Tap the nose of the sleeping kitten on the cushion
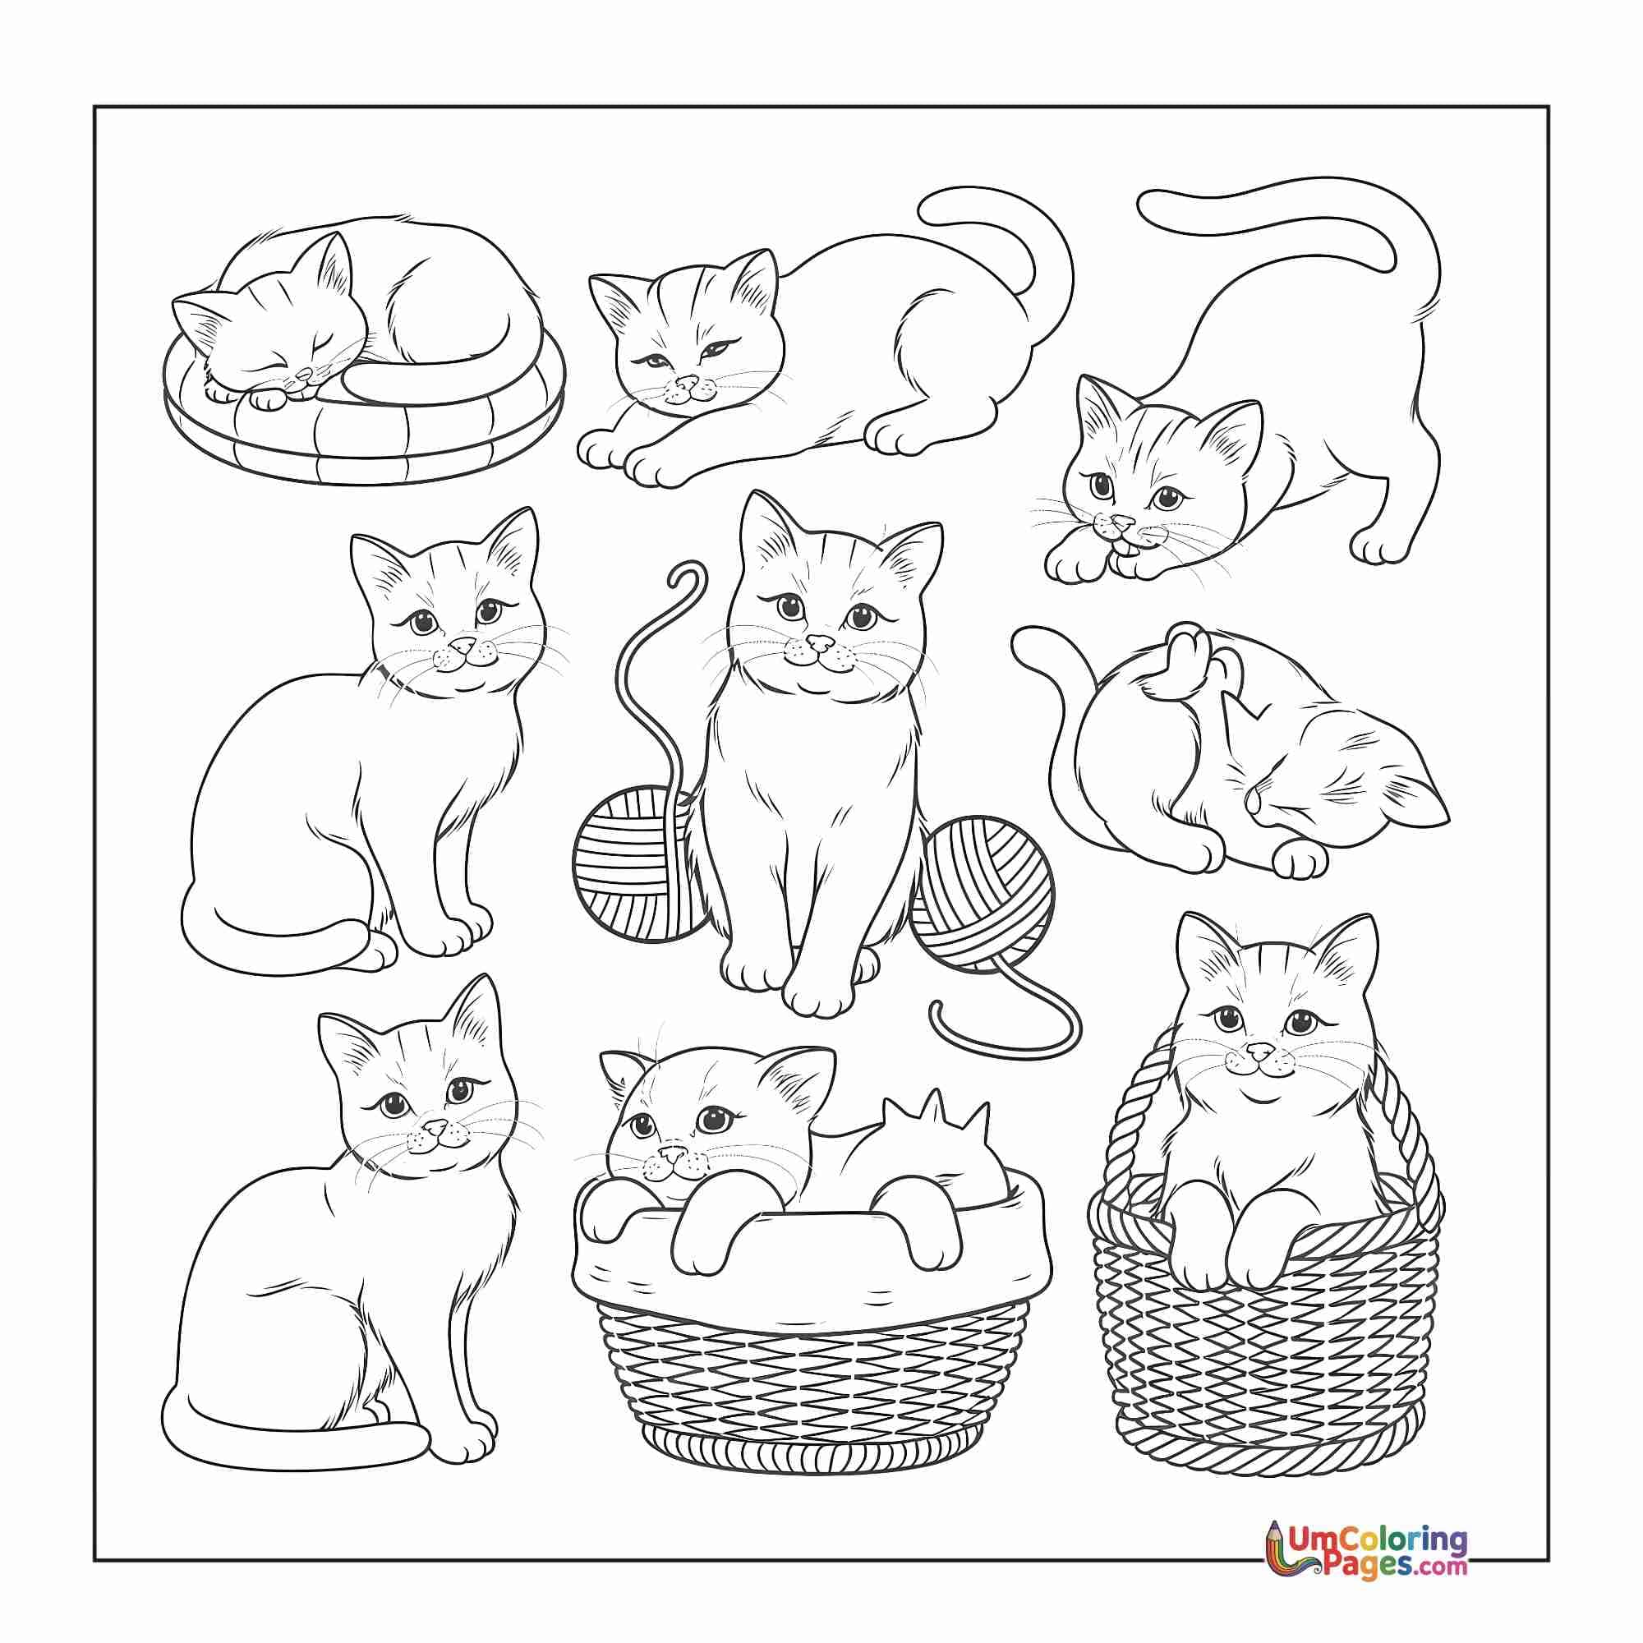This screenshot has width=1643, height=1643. coord(299,374)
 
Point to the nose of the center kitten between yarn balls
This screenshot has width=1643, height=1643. coord(820,642)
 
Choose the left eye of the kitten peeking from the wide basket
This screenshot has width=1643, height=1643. coord(643,1128)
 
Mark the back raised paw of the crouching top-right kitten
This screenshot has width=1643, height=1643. coord(1382,549)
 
